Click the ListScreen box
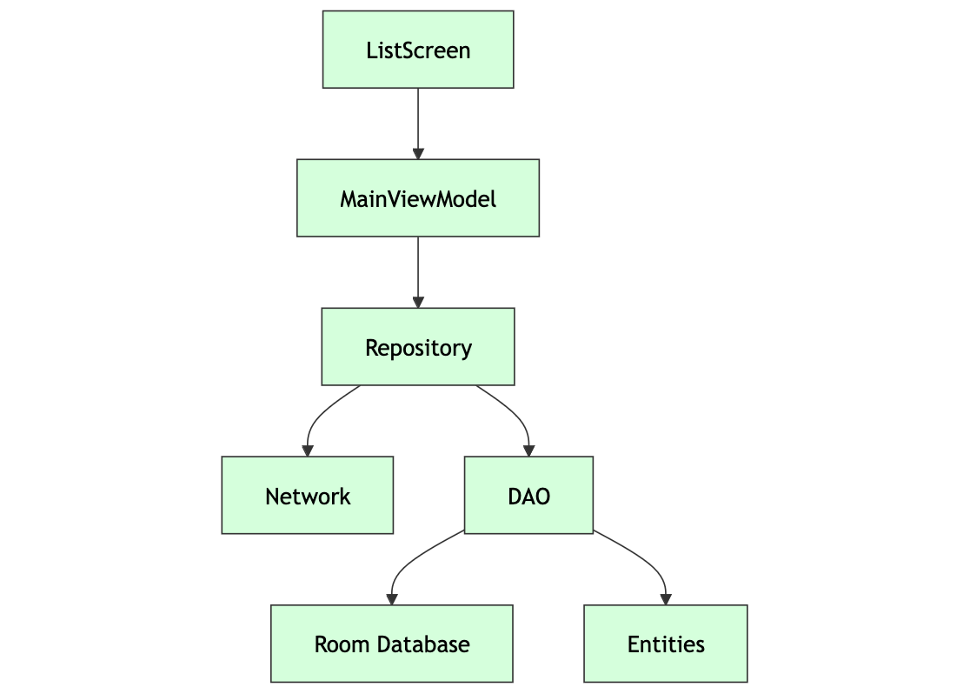tap(418, 50)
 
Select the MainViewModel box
tap(418, 198)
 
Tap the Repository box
tap(418, 347)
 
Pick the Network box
tap(308, 496)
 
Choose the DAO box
tap(528, 496)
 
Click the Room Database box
tap(392, 644)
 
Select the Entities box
tap(666, 644)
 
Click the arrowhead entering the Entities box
tap(666, 599)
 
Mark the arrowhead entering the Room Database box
tap(392, 599)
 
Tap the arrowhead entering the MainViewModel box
tap(418, 154)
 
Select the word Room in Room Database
tap(333, 644)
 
